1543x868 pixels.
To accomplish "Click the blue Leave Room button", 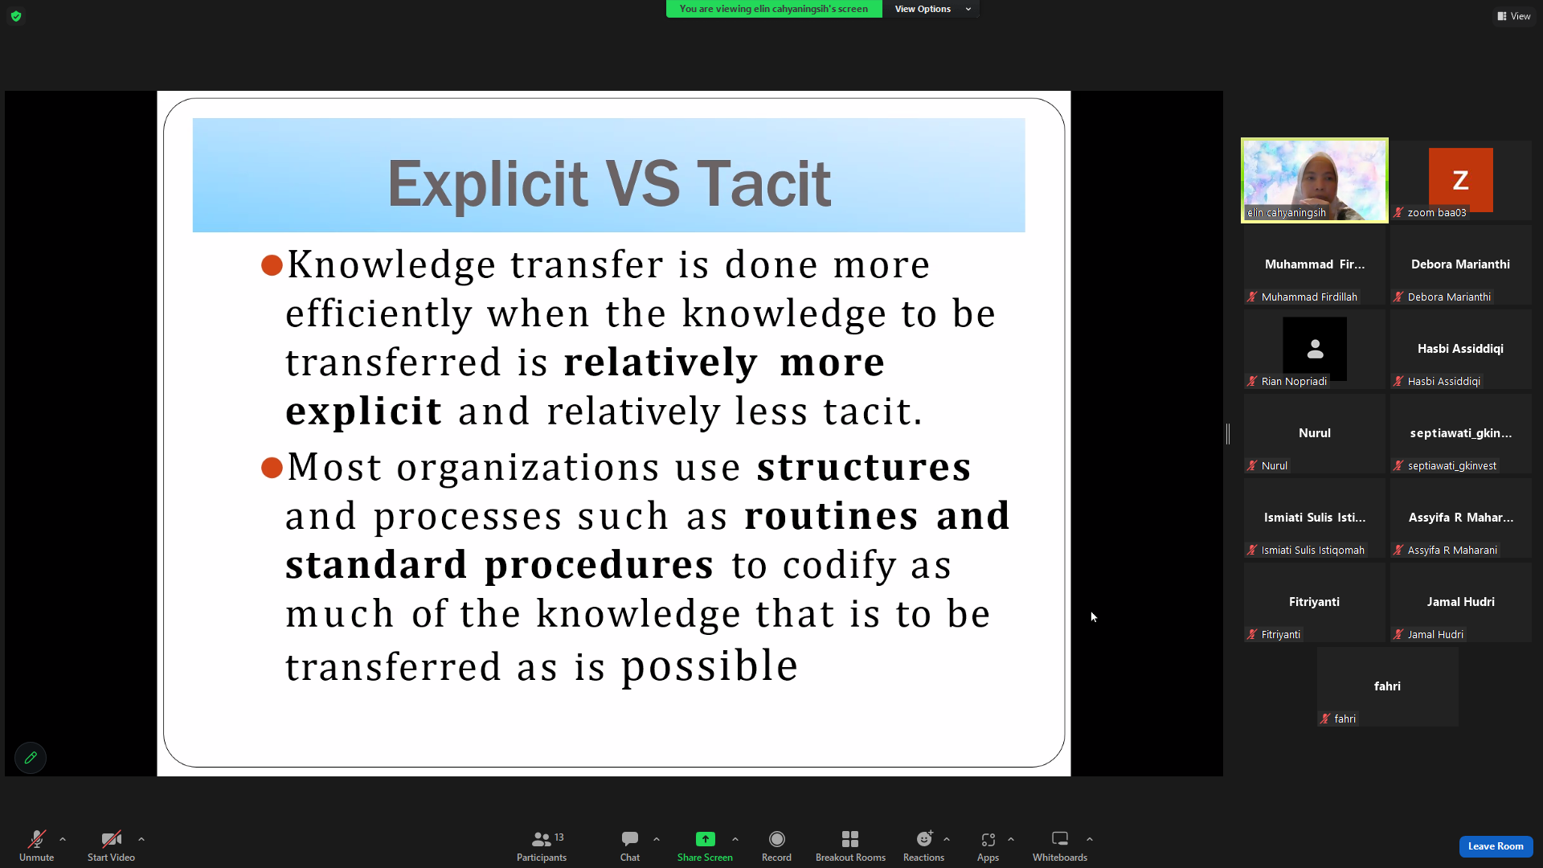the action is [1496, 846].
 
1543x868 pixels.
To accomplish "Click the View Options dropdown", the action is [932, 9].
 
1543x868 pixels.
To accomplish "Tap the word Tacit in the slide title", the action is [763, 184].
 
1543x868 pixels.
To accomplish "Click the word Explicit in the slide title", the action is [488, 184].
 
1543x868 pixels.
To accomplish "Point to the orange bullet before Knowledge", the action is [272, 265].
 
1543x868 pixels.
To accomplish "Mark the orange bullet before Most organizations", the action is [272, 468].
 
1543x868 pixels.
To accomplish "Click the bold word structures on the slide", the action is [864, 468].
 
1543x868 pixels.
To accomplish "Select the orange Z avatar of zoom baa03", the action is [1460, 180].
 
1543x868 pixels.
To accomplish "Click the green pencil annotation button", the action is [31, 758].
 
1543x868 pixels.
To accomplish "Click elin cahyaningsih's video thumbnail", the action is [1315, 180].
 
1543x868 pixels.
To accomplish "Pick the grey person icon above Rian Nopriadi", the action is [1315, 349].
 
